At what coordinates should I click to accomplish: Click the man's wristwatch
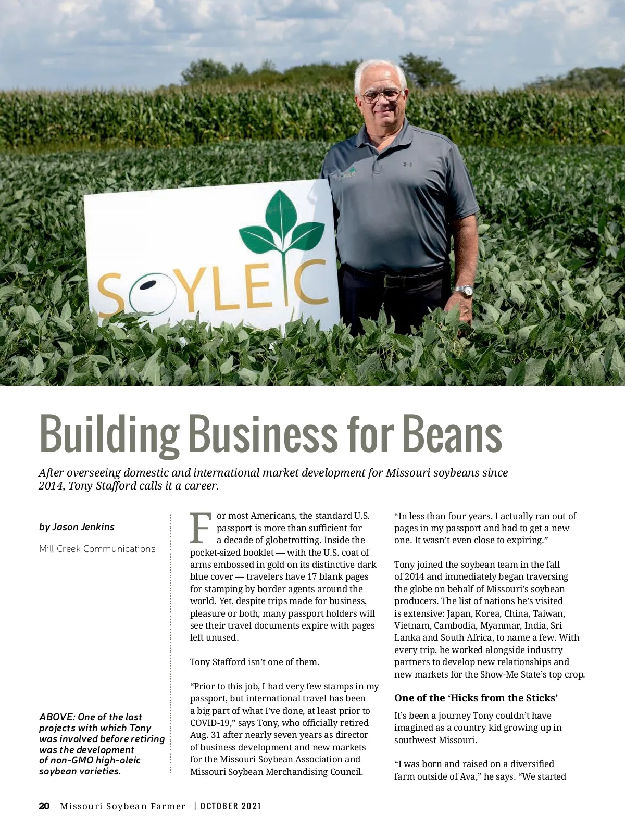click(464, 291)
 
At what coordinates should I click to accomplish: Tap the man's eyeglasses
click(382, 96)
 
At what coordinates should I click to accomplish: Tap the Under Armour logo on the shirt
click(407, 165)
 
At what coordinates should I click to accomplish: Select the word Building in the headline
click(109, 434)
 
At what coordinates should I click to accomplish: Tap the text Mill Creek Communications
click(97, 549)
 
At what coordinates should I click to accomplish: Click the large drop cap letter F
click(201, 528)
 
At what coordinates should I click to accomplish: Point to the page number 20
click(44, 806)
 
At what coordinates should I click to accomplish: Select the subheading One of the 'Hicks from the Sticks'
click(476, 698)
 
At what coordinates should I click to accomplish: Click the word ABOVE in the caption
click(56, 717)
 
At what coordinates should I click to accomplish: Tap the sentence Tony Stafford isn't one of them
click(255, 662)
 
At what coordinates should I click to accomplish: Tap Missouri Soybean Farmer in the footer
click(122, 806)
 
